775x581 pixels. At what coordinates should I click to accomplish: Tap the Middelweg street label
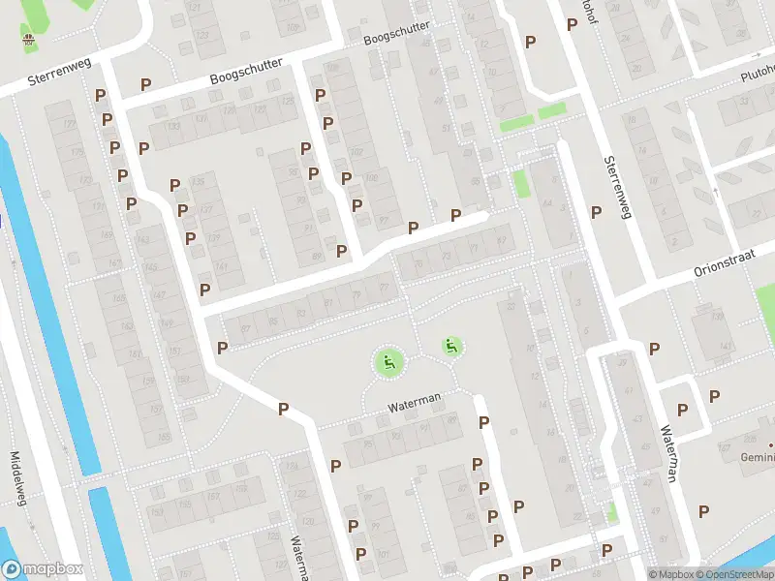(x=17, y=479)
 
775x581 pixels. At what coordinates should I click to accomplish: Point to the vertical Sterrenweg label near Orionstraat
(x=616, y=187)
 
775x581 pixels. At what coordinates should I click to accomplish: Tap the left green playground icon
(x=389, y=363)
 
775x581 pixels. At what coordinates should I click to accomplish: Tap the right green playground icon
(x=451, y=346)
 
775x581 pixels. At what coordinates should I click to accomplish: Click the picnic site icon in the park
(x=29, y=40)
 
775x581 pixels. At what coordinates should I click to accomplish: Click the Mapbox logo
(x=42, y=569)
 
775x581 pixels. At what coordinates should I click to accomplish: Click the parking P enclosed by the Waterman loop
(x=683, y=410)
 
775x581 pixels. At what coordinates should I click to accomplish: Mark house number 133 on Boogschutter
(x=174, y=126)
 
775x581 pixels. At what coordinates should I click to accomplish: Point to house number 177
(x=68, y=124)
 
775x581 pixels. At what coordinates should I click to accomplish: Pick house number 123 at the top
(x=201, y=34)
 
